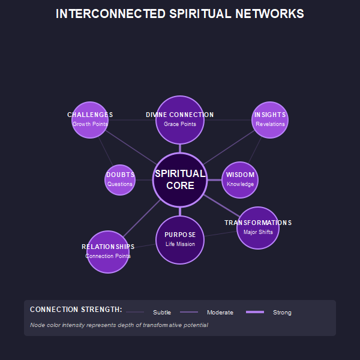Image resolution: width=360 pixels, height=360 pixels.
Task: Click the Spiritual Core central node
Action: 180,180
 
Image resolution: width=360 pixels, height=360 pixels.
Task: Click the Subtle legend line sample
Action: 135,312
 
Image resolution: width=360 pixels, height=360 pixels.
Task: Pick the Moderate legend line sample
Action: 189,312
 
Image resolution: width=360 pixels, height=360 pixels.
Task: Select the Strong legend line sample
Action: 255,312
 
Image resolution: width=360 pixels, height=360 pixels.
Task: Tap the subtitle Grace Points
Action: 180,124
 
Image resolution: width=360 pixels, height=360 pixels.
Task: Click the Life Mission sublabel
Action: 180,244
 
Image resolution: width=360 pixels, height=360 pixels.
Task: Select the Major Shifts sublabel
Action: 258,232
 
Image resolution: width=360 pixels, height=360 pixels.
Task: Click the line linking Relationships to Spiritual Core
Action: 142,217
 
